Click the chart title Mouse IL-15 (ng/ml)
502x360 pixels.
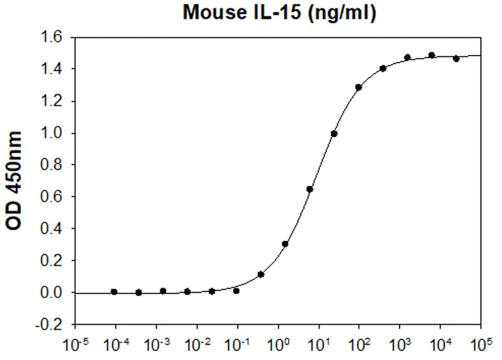pyautogui.click(x=278, y=13)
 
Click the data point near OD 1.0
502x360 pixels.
pyautogui.click(x=334, y=133)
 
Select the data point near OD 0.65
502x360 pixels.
pyautogui.click(x=310, y=189)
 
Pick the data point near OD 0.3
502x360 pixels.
pyautogui.click(x=285, y=244)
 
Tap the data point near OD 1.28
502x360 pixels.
pyautogui.click(x=358, y=87)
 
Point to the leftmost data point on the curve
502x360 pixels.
pyautogui.click(x=114, y=291)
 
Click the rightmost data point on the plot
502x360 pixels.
pyautogui.click(x=456, y=58)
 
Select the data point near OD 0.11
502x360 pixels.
pyautogui.click(x=261, y=274)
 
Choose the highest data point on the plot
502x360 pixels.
pyautogui.click(x=431, y=55)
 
